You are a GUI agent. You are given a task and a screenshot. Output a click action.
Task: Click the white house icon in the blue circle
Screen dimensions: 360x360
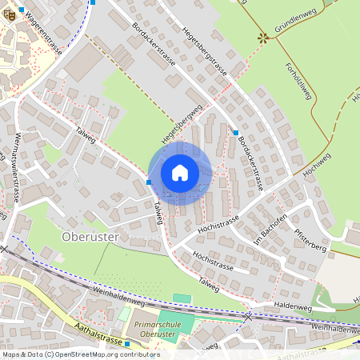click(x=180, y=173)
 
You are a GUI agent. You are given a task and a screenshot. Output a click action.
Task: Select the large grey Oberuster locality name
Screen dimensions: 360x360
click(x=90, y=237)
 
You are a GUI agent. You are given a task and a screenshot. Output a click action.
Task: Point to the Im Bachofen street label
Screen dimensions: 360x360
click(x=270, y=229)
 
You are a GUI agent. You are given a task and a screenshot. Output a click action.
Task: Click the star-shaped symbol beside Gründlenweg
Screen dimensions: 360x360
click(x=262, y=37)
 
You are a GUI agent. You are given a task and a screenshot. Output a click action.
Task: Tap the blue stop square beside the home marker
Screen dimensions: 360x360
click(x=150, y=182)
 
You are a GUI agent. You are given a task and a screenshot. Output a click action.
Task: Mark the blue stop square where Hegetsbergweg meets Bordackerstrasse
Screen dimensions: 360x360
click(x=235, y=133)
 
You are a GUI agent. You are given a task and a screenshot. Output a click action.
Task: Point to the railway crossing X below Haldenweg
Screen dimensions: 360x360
click(x=247, y=317)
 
